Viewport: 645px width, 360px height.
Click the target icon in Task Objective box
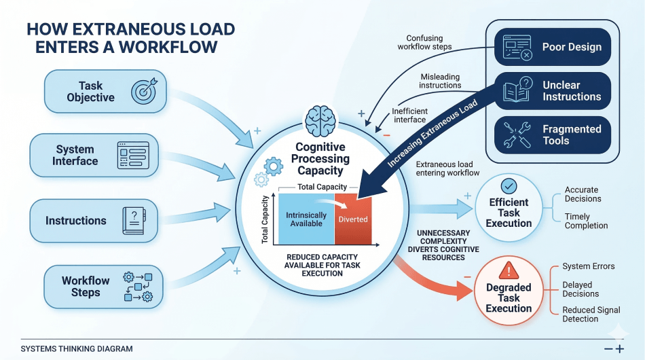tap(143, 91)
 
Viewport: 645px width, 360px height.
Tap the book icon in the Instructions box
tap(131, 221)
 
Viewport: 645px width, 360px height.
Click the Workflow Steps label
tap(86, 287)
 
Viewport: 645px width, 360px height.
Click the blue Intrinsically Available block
tap(306, 219)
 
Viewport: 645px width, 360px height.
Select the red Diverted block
tap(353, 219)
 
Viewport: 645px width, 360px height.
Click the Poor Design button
tap(552, 47)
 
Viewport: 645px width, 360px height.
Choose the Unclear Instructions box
tap(552, 91)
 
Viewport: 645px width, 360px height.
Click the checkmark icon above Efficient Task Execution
tap(508, 185)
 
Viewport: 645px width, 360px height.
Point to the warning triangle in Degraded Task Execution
tap(508, 272)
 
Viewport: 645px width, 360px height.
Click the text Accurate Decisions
tap(583, 194)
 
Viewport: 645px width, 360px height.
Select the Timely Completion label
tap(586, 221)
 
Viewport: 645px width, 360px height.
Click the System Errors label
tap(588, 266)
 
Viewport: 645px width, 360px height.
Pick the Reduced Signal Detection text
tap(591, 314)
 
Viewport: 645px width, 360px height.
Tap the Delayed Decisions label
tap(580, 289)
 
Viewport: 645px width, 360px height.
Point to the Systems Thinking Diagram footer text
tap(77, 348)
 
